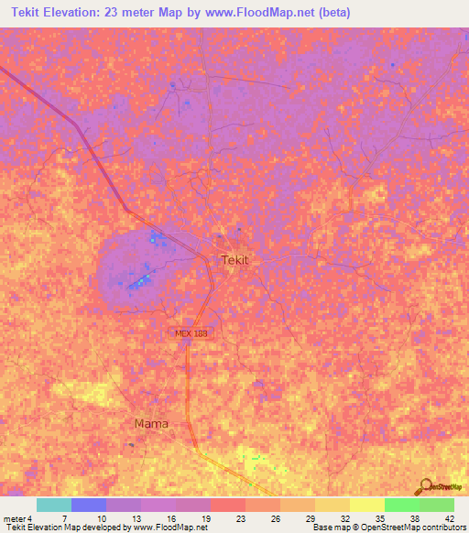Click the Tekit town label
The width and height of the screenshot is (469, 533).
point(235,260)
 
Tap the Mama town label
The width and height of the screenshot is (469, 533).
point(151,424)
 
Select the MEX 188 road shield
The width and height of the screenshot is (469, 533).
point(192,334)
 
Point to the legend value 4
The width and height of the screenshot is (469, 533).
point(30,518)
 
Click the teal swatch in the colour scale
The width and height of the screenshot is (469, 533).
point(54,505)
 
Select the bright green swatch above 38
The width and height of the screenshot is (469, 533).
point(402,505)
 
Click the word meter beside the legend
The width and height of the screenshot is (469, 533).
point(15,518)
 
